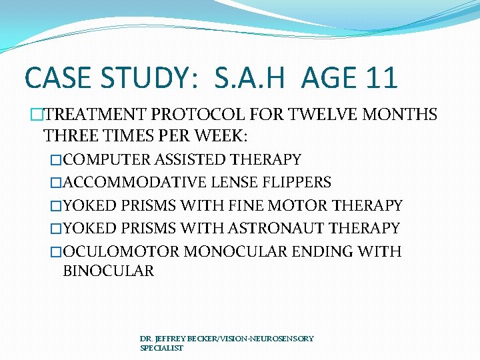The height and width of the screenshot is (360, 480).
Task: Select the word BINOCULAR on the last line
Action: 108,271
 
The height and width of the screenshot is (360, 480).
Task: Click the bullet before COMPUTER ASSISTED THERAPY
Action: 57,160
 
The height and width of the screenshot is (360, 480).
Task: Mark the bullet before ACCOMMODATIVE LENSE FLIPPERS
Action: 57,183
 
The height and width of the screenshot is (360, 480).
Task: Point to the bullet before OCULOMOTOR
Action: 57,251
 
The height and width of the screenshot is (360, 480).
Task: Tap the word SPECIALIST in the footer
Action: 161,348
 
